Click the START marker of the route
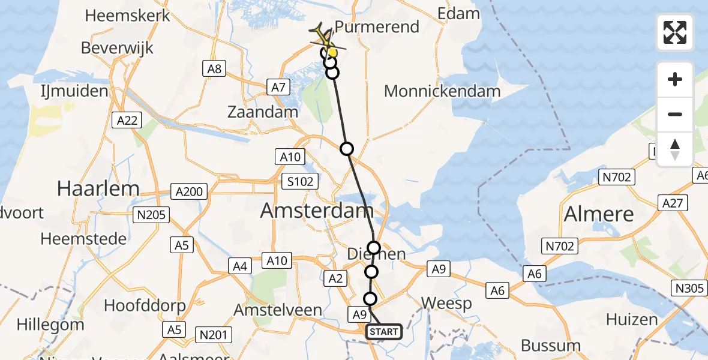tap(383, 332)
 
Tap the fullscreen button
tap(675, 32)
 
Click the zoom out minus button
tap(675, 114)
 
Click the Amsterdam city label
tap(317, 211)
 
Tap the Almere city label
tap(599, 214)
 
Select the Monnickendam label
tap(442, 91)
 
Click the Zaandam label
tap(263, 112)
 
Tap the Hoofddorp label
tap(145, 305)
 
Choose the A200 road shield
tap(188, 192)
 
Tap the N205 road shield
tap(153, 214)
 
